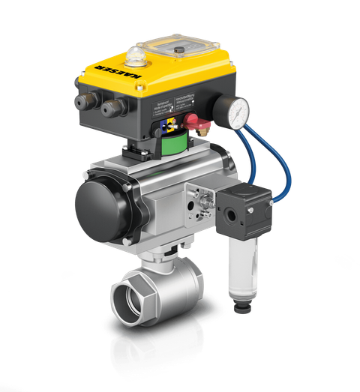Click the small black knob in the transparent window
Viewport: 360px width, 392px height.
[x=180, y=49]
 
